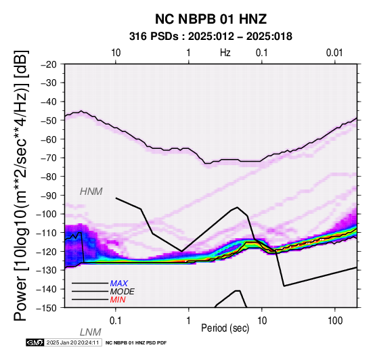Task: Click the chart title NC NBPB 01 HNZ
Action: (x=211, y=19)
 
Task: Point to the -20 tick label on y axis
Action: (x=49, y=64)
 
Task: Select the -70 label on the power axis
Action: (x=49, y=158)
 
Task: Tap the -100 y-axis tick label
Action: (x=47, y=214)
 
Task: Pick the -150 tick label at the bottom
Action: (x=47, y=308)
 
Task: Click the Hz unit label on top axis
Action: (x=225, y=53)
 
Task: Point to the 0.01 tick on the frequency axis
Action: (x=334, y=53)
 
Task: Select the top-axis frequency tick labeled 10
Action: (x=116, y=53)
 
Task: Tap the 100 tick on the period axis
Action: (x=335, y=321)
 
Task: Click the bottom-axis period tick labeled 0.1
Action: (x=116, y=321)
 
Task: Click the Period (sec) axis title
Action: (x=225, y=328)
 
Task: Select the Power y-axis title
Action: (x=21, y=185)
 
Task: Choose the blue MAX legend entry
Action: (x=118, y=284)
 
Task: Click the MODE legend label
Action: (x=123, y=292)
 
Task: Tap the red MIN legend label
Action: (x=118, y=300)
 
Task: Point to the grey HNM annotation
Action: (x=91, y=192)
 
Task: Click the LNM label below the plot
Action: (x=91, y=332)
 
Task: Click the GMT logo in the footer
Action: (x=35, y=342)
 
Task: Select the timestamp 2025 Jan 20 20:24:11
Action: (x=72, y=342)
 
